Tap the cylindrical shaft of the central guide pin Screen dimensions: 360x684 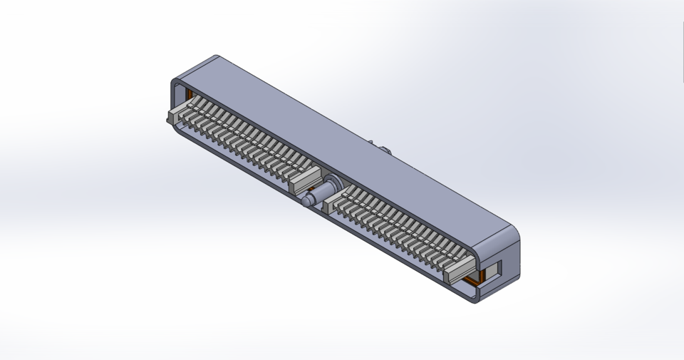coord(317,195)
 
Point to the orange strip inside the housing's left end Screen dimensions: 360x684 coord(190,95)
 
